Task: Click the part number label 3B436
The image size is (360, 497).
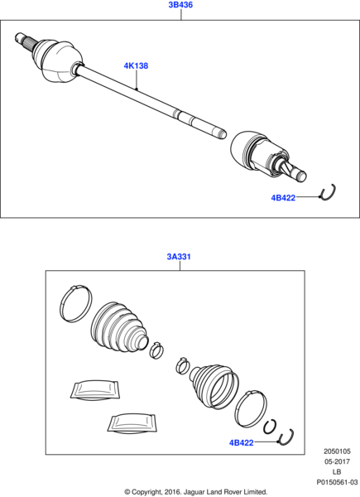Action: coord(180,5)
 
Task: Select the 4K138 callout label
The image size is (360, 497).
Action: coord(136,65)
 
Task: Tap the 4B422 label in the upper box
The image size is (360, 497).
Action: coord(283,198)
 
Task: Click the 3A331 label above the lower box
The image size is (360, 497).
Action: coord(180,257)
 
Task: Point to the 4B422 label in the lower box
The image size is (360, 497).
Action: coord(242,443)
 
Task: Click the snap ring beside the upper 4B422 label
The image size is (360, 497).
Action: coord(328,193)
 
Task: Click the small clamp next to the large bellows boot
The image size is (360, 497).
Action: coord(156,350)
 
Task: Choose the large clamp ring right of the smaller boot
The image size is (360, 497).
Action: coord(250,408)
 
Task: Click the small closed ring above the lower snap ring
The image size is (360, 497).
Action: coord(270,427)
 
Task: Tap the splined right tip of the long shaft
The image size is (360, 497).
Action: coord(218,132)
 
